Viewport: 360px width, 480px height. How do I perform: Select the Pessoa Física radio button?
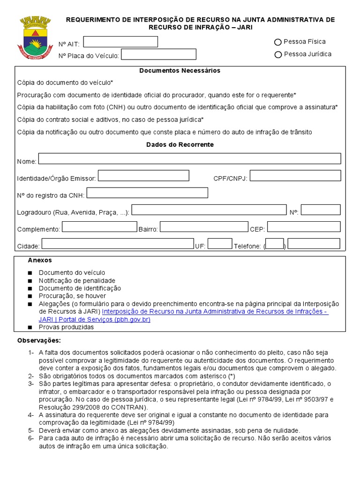pyautogui.click(x=278, y=42)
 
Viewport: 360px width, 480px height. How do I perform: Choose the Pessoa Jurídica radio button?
pyautogui.click(x=278, y=54)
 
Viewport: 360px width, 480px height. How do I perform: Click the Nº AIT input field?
pyautogui.click(x=120, y=42)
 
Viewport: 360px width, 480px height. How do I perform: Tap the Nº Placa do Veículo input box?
pyautogui.click(x=158, y=54)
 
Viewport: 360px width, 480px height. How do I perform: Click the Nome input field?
pyautogui.click(x=189, y=158)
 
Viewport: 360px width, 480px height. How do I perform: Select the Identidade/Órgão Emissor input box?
pyautogui.click(x=143, y=176)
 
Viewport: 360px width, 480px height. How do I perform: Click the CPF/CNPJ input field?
pyautogui.click(x=295, y=176)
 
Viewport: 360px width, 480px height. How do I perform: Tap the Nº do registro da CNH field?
pyautogui.click(x=147, y=193)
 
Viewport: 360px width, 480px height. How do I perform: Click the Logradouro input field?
pyautogui.click(x=209, y=210)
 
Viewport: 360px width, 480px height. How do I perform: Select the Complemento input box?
pyautogui.click(x=99, y=227)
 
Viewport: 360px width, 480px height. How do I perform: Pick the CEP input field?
pyautogui.click(x=304, y=227)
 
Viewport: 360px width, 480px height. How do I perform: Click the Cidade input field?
pyautogui.click(x=118, y=244)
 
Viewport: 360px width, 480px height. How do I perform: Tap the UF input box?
pyautogui.click(x=220, y=244)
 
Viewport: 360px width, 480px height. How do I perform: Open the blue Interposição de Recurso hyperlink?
pyautogui.click(x=215, y=312)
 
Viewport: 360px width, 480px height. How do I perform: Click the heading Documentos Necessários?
pyautogui.click(x=180, y=71)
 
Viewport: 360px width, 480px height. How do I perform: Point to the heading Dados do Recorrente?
pyautogui.click(x=180, y=145)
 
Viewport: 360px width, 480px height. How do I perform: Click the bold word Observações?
pyautogui.click(x=39, y=340)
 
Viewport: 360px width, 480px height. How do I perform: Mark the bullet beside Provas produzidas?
pyautogui.click(x=30, y=327)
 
